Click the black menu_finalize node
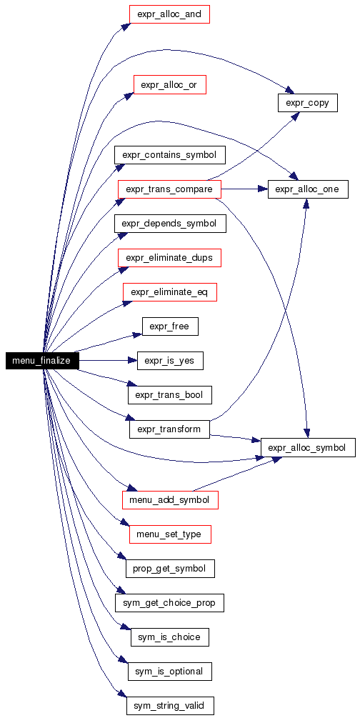[42, 361]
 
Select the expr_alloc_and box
[169, 15]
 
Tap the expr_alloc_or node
[169, 85]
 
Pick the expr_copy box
[307, 103]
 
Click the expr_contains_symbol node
[170, 155]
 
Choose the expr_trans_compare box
[169, 189]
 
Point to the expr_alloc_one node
[308, 189]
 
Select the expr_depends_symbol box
[170, 224]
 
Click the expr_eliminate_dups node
[169, 258]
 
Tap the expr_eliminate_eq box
[169, 292]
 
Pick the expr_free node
[170, 326]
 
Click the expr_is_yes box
[170, 361]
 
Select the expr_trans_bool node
[169, 395]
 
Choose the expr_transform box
[169, 429]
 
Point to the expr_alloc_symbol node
[308, 447]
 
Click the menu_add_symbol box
[170, 500]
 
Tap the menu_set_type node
[170, 534]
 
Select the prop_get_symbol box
[170, 569]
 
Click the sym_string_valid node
[170, 706]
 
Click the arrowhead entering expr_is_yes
[133, 361]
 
